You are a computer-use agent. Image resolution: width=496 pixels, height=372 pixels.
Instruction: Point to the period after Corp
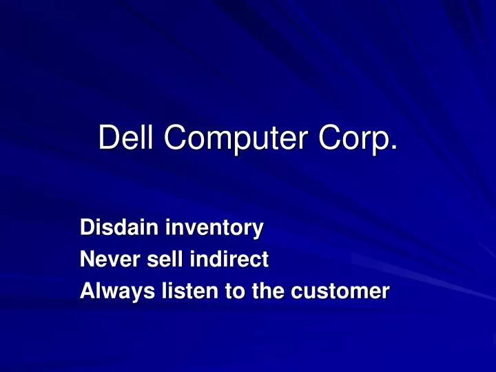(394, 148)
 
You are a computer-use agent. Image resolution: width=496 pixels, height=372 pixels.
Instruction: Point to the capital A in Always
(87, 293)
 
